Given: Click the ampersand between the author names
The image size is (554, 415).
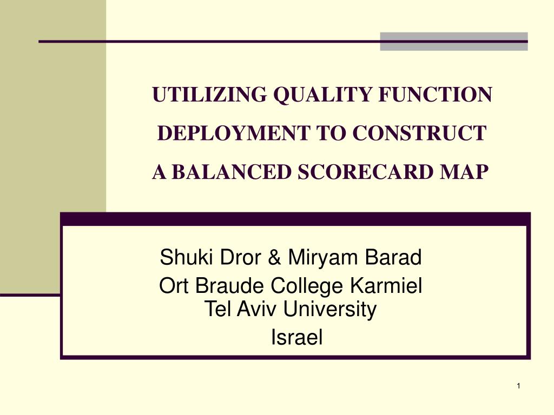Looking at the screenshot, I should [x=275, y=258].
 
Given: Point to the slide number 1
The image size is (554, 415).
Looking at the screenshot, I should [x=518, y=385].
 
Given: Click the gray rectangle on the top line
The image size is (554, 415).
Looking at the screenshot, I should [x=453, y=42].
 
